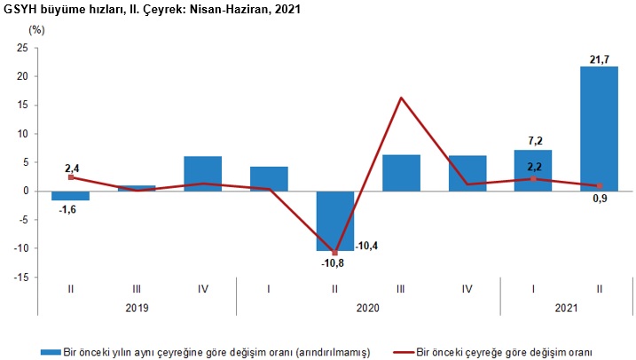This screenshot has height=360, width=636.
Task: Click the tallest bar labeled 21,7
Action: point(599,129)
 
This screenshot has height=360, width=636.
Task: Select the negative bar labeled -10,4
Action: point(334,221)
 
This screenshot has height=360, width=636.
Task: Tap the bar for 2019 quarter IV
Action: point(202,174)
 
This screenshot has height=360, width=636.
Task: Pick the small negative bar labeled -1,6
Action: point(70,195)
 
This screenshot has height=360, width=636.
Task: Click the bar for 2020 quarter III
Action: point(401,173)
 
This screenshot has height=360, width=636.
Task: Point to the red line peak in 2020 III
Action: point(401,98)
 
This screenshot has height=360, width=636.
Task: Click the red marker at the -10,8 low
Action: point(334,253)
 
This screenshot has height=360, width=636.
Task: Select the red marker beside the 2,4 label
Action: point(70,177)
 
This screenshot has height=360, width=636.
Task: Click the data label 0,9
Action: point(599,201)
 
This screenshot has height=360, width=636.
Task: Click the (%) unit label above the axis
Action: point(35,29)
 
